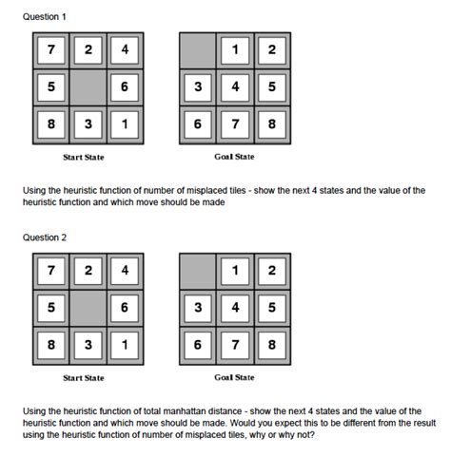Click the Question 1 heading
[45, 17]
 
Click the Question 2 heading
[45, 238]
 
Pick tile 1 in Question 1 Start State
[123, 124]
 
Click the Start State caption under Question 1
[84, 156]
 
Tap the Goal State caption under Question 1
[233, 156]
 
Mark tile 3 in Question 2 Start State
[86, 345]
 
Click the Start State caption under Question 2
[84, 378]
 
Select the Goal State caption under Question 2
[233, 378]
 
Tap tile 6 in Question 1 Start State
[123, 86]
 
